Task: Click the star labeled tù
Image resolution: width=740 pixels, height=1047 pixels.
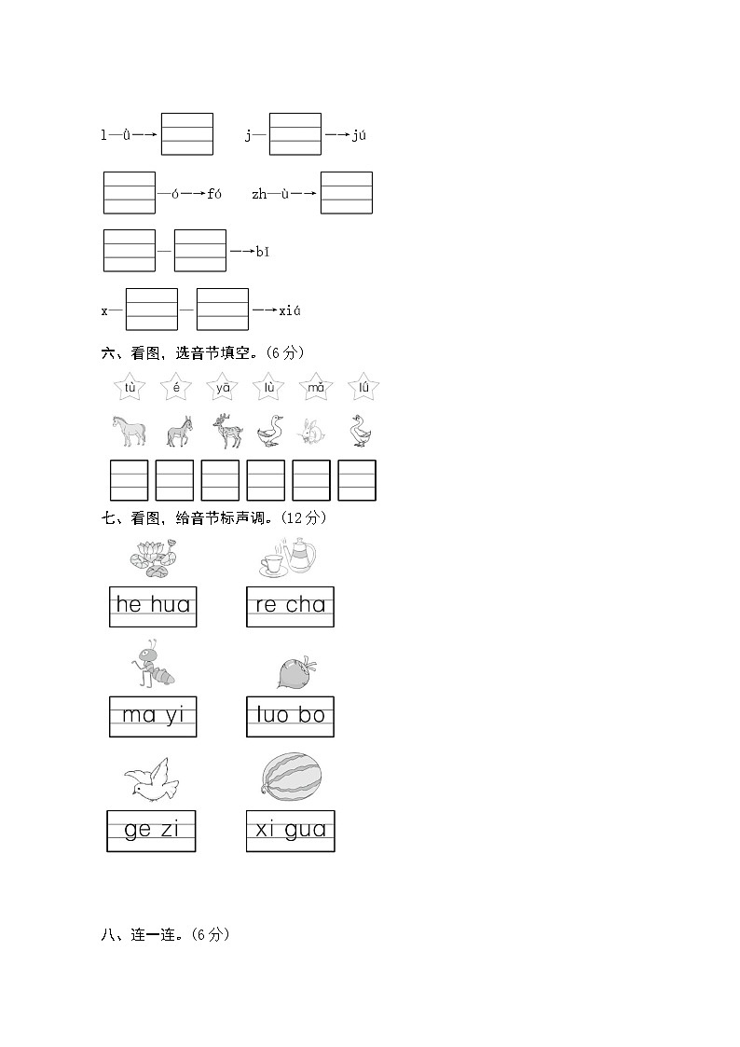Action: (130, 387)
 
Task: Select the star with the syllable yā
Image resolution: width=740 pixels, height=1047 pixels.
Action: (223, 387)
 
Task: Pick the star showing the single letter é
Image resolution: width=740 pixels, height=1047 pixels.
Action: (176, 387)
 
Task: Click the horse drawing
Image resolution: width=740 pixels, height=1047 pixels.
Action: (130, 431)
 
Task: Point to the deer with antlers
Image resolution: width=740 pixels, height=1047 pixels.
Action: (225, 431)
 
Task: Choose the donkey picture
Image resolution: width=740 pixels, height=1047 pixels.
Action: (177, 432)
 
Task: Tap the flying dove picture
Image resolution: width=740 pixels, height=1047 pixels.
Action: (151, 779)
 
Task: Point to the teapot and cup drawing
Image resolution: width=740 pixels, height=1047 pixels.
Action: (289, 558)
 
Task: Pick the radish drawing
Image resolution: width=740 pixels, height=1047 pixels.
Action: (296, 670)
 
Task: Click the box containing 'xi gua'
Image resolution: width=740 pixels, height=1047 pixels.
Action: (290, 831)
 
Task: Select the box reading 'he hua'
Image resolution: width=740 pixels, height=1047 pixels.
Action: (153, 606)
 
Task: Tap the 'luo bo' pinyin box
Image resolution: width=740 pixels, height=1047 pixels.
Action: (290, 717)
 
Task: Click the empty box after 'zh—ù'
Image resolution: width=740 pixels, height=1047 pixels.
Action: (346, 193)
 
